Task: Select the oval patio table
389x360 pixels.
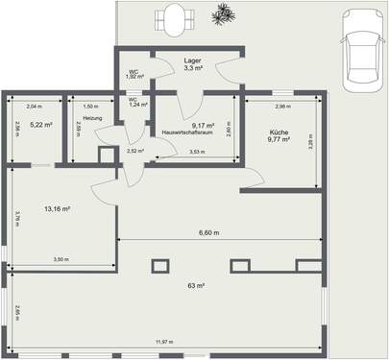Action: (174, 19)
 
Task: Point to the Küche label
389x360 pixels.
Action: (278, 133)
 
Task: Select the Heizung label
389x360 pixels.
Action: (92, 118)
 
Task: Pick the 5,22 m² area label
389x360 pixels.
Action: (39, 125)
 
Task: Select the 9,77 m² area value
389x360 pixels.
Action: (278, 141)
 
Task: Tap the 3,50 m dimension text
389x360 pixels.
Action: (60, 259)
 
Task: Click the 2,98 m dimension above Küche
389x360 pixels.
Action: (282, 107)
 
